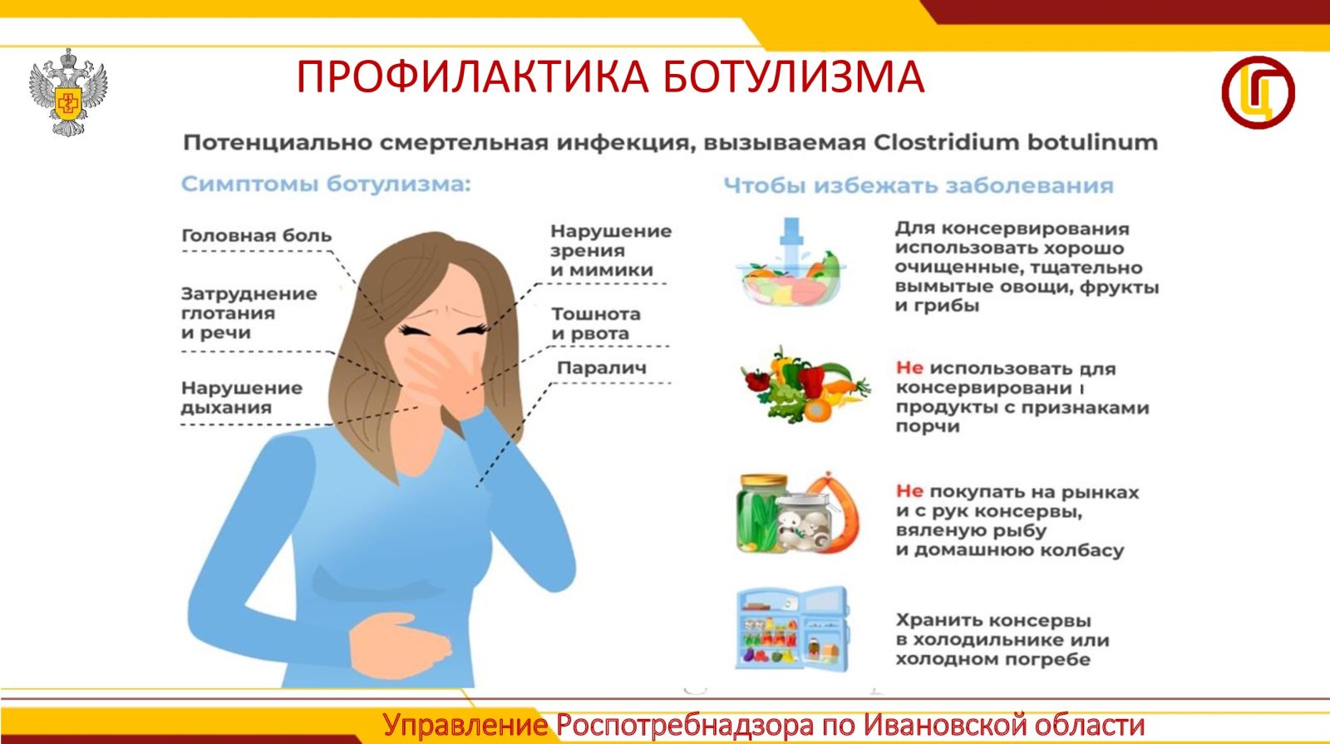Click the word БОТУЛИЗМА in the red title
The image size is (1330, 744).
pos(793,76)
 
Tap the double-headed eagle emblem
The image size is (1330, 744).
pos(68,92)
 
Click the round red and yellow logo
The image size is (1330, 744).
pos(1259,92)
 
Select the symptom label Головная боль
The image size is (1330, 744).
pos(257,236)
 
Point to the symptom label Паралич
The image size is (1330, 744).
pos(602,367)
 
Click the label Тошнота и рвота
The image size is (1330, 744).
pos(595,323)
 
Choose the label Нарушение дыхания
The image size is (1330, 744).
pos(242,397)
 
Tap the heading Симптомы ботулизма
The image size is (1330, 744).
pos(326,184)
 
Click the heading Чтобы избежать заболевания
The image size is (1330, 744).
pos(919,185)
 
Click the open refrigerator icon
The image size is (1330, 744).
pos(793,628)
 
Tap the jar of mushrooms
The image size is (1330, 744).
pos(805,523)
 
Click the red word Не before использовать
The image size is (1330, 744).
pos(909,368)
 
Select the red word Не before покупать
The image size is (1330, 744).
pos(909,491)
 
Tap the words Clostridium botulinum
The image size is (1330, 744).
pos(1016,142)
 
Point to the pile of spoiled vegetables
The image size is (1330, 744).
pos(805,385)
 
